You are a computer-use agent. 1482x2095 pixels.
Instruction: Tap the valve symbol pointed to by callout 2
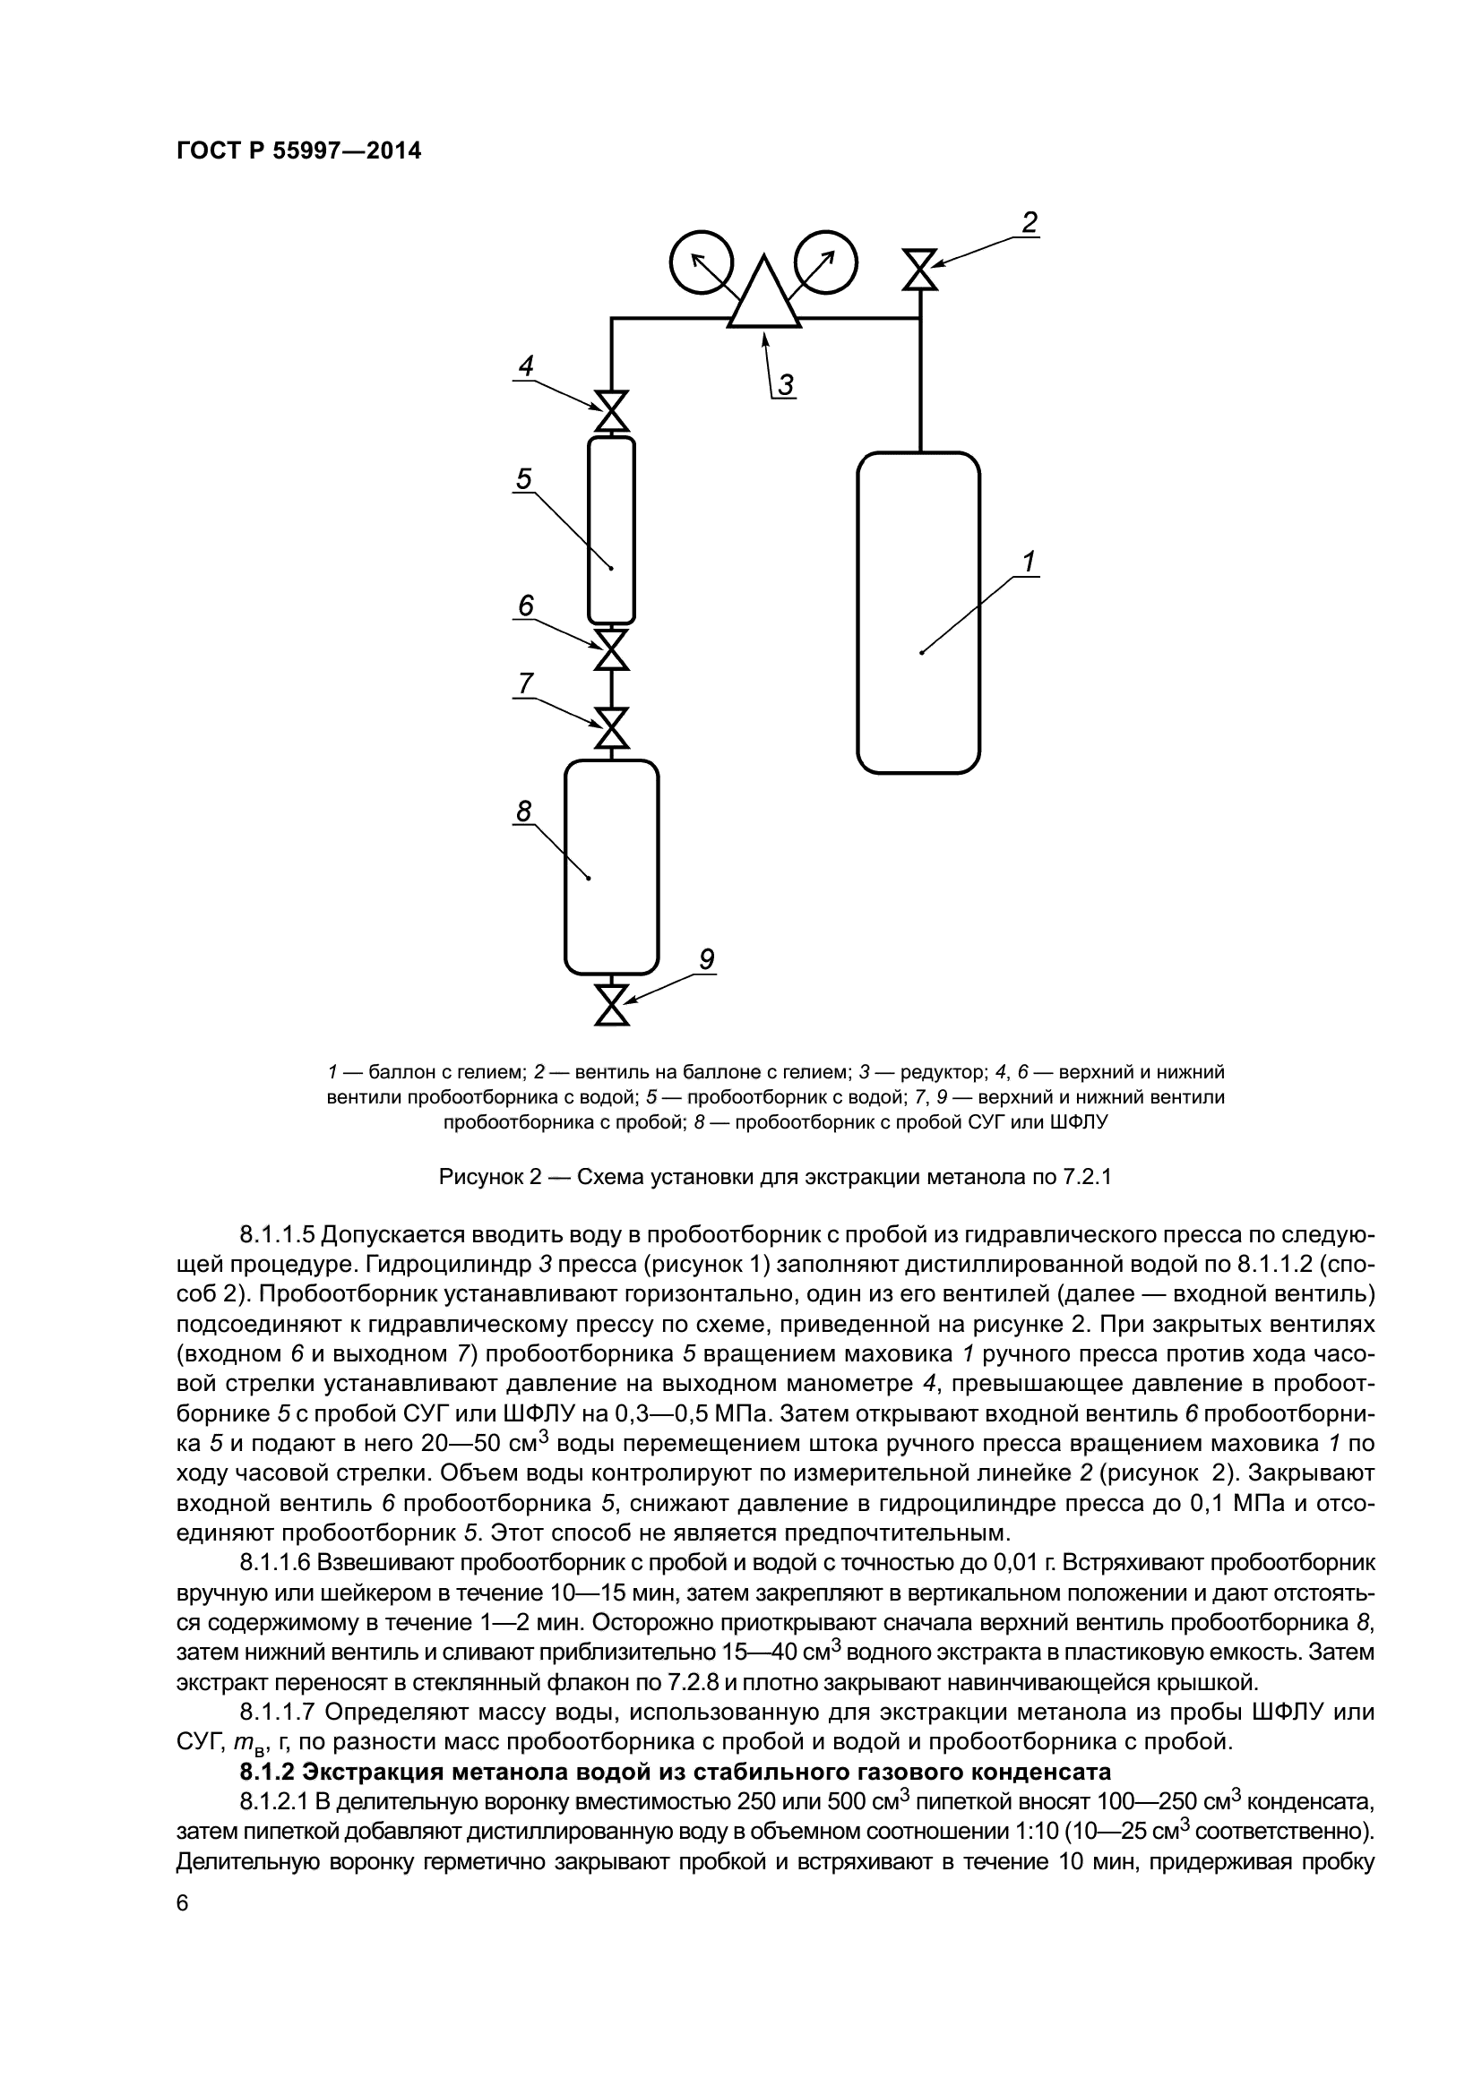click(x=920, y=270)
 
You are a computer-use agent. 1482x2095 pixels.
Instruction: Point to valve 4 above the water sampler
click(x=611, y=411)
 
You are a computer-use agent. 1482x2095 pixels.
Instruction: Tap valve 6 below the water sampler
click(x=611, y=649)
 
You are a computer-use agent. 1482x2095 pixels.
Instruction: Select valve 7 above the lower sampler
click(x=611, y=729)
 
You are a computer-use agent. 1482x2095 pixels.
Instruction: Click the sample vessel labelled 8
click(x=611, y=867)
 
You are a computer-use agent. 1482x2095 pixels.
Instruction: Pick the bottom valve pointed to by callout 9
click(x=611, y=1005)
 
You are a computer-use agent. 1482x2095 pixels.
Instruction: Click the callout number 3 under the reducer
click(x=786, y=385)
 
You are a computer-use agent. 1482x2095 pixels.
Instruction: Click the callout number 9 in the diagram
click(x=705, y=959)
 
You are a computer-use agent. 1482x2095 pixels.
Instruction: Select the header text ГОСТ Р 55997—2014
click(x=298, y=151)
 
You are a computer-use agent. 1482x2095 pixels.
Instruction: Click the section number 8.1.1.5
click(x=277, y=1234)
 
